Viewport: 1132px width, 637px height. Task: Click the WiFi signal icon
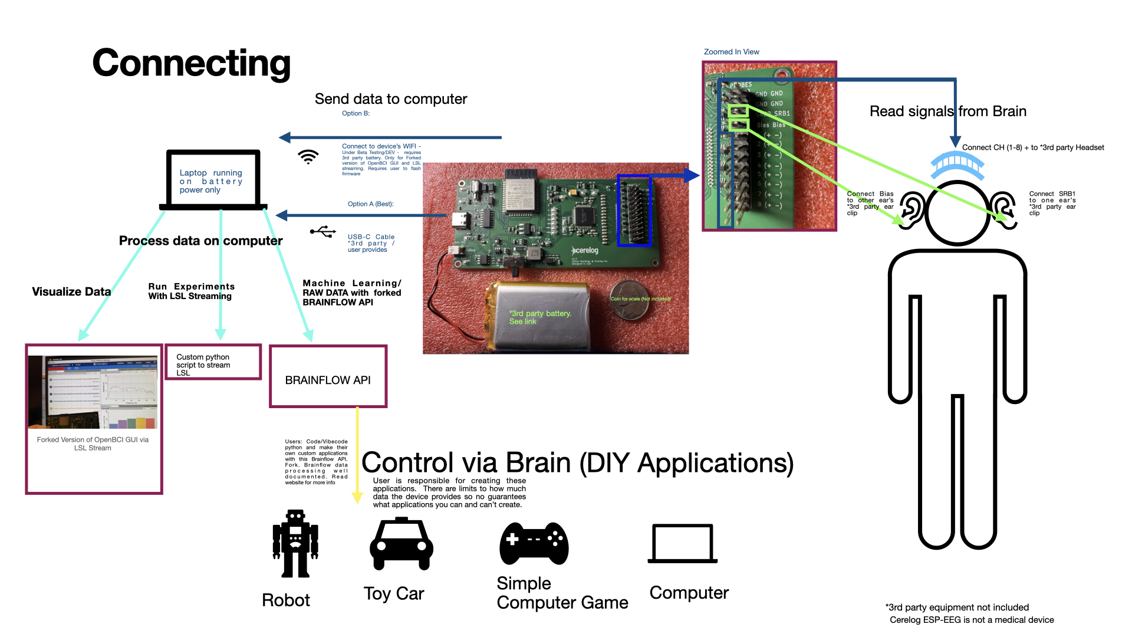308,157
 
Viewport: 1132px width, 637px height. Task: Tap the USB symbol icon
323,232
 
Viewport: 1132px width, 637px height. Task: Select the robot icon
295,543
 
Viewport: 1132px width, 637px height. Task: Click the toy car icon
402,544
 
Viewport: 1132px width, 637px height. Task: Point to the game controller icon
534,543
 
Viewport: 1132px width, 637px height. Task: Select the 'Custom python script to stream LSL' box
213,362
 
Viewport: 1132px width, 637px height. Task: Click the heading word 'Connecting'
191,63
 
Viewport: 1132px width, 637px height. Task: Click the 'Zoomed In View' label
731,52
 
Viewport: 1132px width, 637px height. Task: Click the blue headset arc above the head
957,163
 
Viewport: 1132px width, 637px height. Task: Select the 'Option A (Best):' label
370,204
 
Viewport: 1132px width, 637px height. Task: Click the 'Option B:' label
356,113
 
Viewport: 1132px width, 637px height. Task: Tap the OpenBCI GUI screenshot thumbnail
93,392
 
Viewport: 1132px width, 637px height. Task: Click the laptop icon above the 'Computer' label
683,543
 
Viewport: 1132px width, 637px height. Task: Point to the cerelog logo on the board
585,251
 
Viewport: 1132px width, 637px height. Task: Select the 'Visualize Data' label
71,291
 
